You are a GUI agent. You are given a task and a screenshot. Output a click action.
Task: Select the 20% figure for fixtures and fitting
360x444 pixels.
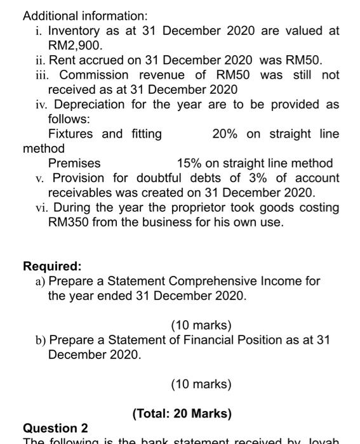click(225, 134)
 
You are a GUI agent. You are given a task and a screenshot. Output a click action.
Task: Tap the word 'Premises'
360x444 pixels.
click(74, 164)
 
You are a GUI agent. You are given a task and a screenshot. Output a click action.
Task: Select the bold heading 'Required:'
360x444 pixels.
click(52, 266)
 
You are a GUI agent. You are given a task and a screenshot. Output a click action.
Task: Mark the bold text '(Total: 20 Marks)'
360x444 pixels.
click(182, 414)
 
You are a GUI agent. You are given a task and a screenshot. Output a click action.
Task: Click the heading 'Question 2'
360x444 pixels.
click(55, 429)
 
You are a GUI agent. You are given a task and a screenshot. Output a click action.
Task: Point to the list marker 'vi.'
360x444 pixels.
click(42, 207)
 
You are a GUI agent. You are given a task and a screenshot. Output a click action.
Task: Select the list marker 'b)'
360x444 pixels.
click(41, 340)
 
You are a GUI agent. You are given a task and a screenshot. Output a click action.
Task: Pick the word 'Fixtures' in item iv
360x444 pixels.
click(70, 134)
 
